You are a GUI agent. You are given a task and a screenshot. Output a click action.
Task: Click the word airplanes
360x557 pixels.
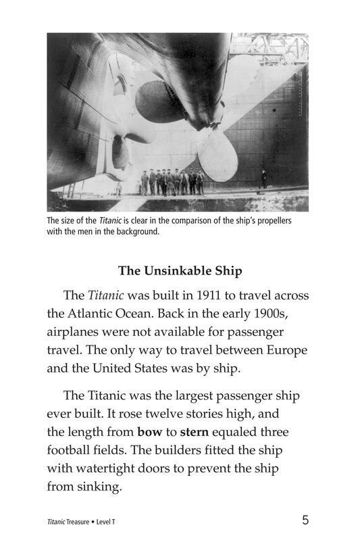[x=78, y=333]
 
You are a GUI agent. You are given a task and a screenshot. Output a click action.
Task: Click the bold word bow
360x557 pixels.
[x=150, y=431]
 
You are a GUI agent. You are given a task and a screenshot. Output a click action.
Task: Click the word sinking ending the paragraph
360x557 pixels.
[x=99, y=486]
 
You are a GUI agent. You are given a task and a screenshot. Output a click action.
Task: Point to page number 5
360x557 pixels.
[x=305, y=520]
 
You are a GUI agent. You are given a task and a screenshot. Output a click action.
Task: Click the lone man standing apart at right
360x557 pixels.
[x=263, y=180]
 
